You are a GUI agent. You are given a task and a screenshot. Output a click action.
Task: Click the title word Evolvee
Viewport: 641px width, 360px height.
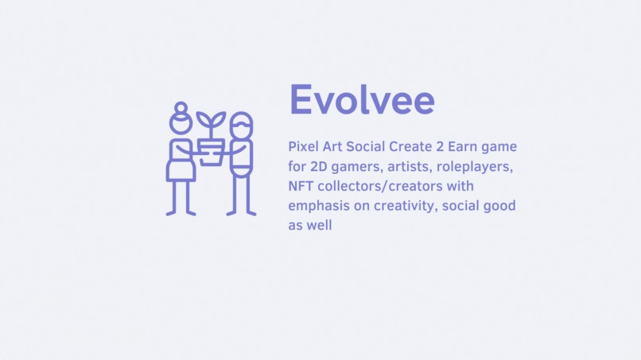click(x=362, y=100)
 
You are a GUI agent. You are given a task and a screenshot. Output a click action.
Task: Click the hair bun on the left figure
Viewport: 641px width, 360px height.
click(x=181, y=107)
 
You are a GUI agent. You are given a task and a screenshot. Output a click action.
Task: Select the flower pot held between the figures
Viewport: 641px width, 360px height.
click(x=212, y=151)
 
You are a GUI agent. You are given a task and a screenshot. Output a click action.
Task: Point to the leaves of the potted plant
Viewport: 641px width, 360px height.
click(x=211, y=122)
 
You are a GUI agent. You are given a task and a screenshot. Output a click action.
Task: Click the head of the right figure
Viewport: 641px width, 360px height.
click(x=241, y=126)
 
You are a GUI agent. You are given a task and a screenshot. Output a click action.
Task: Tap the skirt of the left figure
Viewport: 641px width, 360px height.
click(x=181, y=169)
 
